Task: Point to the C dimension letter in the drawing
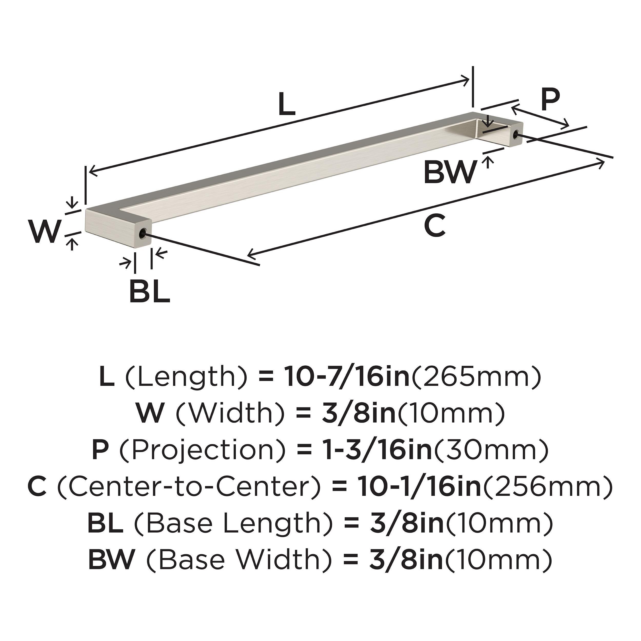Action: pos(435,225)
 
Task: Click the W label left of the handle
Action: pos(45,231)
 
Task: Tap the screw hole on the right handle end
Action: pos(515,134)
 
